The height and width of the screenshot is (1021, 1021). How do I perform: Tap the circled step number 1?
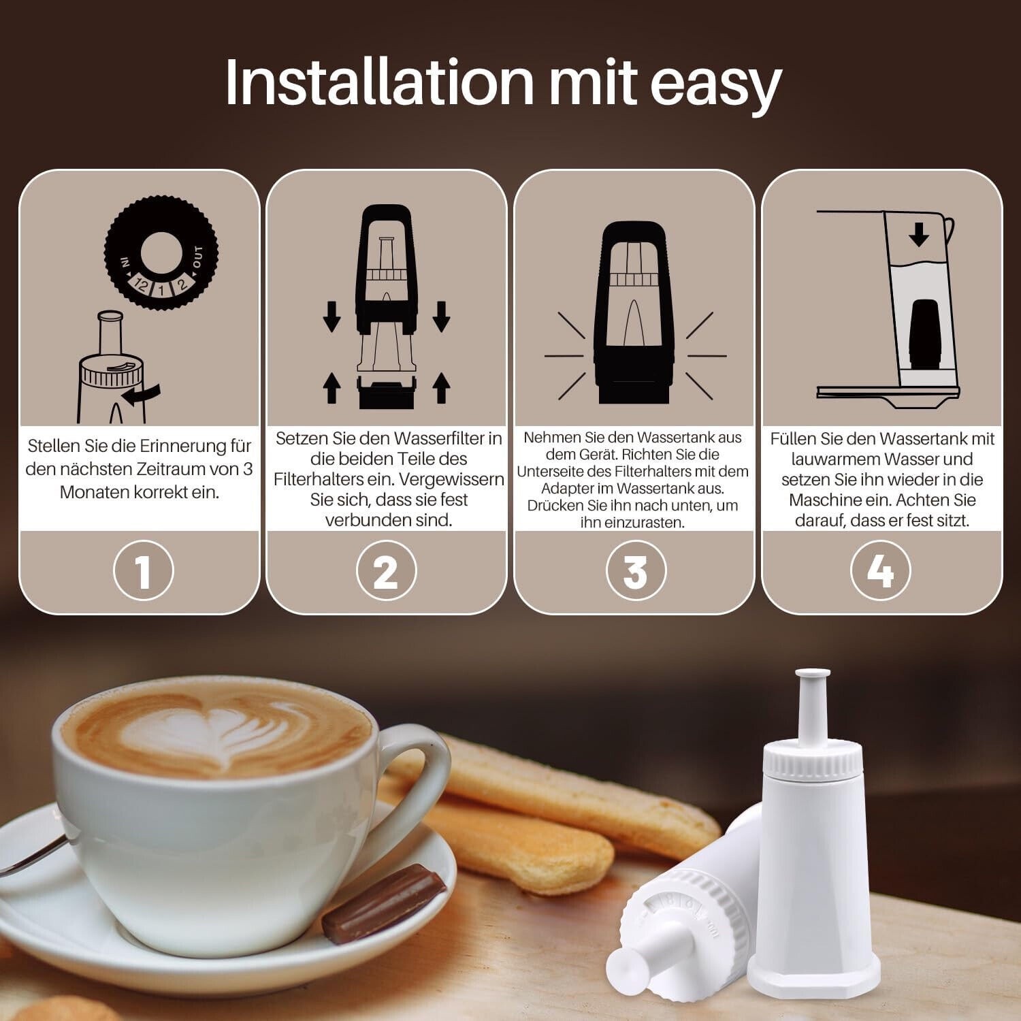click(x=143, y=570)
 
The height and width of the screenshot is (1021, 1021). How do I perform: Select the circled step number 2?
click(x=386, y=570)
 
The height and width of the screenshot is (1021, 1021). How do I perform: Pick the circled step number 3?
click(x=634, y=570)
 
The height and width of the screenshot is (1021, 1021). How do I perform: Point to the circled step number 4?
click(x=881, y=570)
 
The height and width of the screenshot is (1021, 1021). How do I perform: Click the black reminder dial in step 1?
click(x=161, y=253)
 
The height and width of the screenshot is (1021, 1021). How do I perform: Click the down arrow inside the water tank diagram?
click(x=920, y=235)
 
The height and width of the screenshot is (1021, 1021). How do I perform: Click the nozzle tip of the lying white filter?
click(x=623, y=963)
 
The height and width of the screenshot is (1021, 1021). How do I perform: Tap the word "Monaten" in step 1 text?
click(x=93, y=492)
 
